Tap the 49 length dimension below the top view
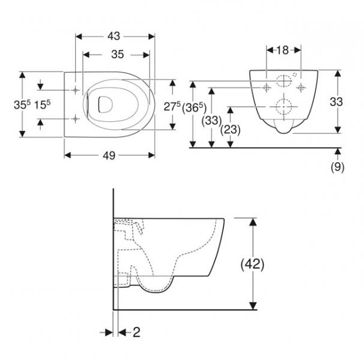109,155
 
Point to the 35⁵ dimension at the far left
23,104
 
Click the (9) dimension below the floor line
338,167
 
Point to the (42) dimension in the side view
253,263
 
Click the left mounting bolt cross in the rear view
265,88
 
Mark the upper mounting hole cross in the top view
75,90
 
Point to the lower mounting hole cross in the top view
75,118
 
